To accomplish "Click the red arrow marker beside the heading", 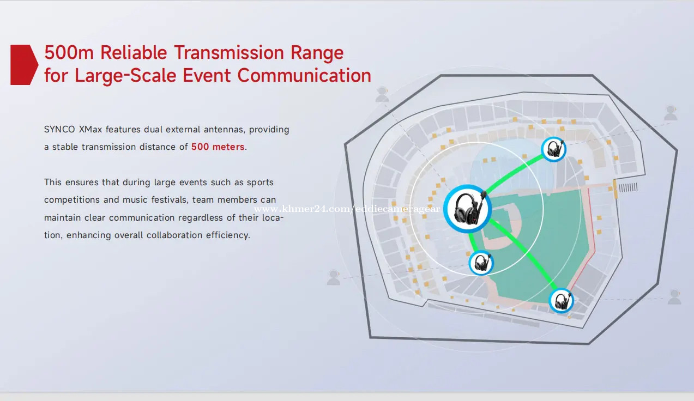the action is click(x=24, y=65).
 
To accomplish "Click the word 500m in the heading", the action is click(x=69, y=52).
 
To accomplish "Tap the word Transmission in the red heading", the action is click(x=229, y=52).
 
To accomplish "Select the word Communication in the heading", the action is click(x=304, y=75).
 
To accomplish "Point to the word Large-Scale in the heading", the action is click(x=125, y=76).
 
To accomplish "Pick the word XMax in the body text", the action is click(x=90, y=130).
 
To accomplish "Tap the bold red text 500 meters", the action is click(x=218, y=147).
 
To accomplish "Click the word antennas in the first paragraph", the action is click(x=224, y=130).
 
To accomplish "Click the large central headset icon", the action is click(x=468, y=209).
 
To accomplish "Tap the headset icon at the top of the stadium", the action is click(x=554, y=150).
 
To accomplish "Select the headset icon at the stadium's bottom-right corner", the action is click(x=561, y=301).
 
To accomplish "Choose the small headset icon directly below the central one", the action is click(x=481, y=263).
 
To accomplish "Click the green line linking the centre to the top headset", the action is click(x=514, y=172).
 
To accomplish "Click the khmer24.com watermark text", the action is click(x=347, y=209).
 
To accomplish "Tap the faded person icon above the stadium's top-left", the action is click(x=382, y=94).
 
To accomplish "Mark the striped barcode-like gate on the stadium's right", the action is click(x=628, y=187).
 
